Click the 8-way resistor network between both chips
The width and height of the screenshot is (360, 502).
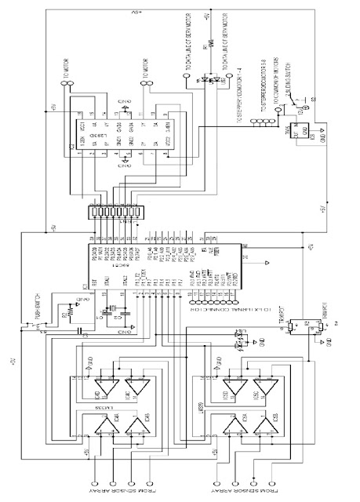pyautogui.click(x=115, y=212)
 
